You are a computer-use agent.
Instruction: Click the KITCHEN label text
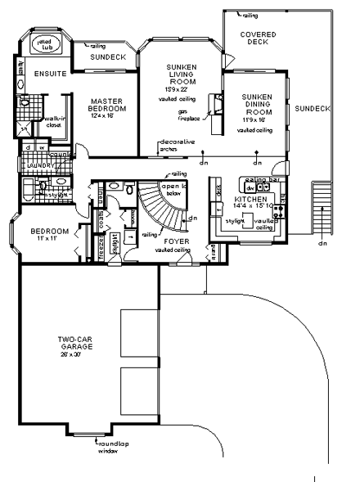[x=249, y=199]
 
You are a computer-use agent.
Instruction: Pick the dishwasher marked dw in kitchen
[x=250, y=187]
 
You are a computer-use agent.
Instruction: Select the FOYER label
[x=176, y=242]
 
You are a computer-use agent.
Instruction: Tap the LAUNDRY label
[x=40, y=165]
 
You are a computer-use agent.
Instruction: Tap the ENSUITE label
[x=40, y=73]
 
